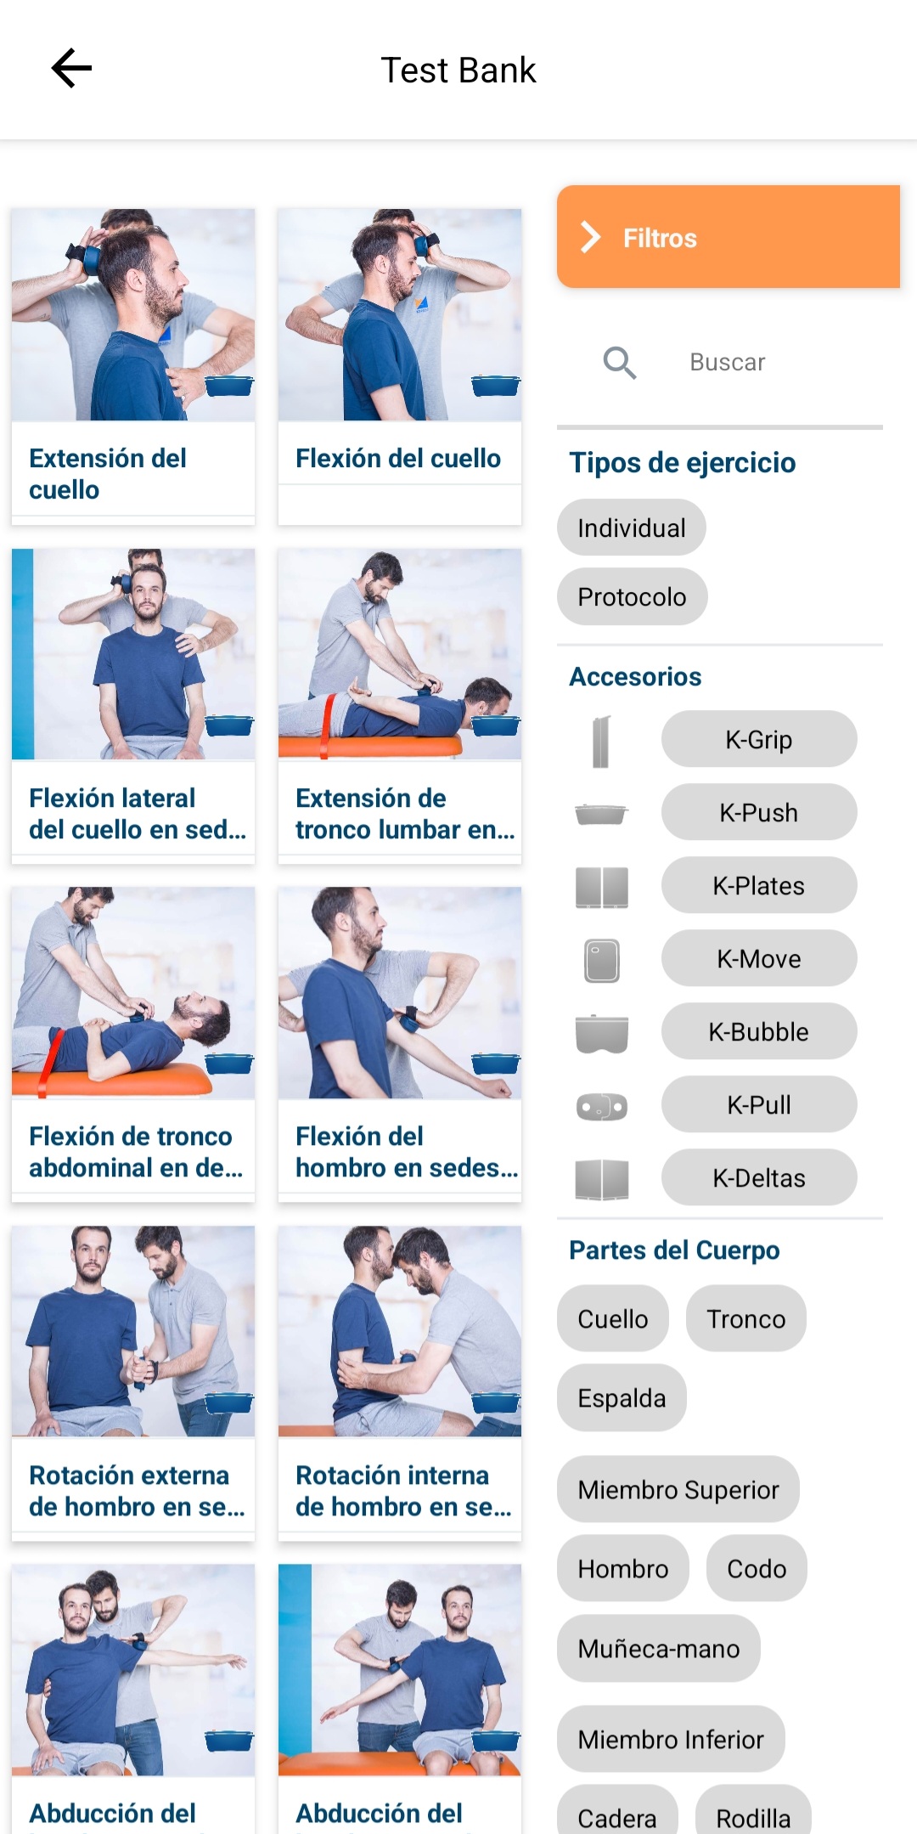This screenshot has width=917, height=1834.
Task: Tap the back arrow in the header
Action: pyautogui.click(x=71, y=69)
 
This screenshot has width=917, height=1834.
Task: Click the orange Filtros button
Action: pyautogui.click(x=728, y=237)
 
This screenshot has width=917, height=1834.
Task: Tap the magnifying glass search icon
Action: pyautogui.click(x=620, y=363)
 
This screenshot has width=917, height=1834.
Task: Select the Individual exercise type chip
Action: pyautogui.click(x=631, y=528)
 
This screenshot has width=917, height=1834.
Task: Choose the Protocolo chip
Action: pyautogui.click(x=632, y=597)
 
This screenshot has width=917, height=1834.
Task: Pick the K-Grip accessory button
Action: pyautogui.click(x=758, y=739)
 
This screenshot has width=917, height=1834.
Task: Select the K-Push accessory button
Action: pyautogui.click(x=758, y=812)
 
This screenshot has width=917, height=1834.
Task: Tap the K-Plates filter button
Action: pyautogui.click(x=758, y=885)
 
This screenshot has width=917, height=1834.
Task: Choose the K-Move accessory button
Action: pyautogui.click(x=758, y=958)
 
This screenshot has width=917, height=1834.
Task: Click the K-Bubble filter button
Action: pyautogui.click(x=758, y=1031)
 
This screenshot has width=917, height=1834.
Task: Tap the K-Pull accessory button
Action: pyautogui.click(x=758, y=1104)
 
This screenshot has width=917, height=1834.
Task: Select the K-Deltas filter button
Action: pyautogui.click(x=758, y=1177)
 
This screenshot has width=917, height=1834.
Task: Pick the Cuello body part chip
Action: pyautogui.click(x=612, y=1318)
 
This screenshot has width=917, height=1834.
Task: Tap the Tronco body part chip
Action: pyautogui.click(x=745, y=1318)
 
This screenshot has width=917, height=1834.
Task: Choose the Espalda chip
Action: pyautogui.click(x=622, y=1397)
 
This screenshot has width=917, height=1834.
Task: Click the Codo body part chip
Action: pyautogui.click(x=756, y=1568)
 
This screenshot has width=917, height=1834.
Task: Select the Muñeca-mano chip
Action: pyautogui.click(x=658, y=1648)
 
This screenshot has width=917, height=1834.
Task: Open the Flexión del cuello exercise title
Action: pyautogui.click(x=398, y=458)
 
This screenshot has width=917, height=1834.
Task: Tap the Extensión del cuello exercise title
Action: pyautogui.click(x=108, y=473)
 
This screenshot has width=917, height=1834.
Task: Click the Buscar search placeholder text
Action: pyautogui.click(x=727, y=363)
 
